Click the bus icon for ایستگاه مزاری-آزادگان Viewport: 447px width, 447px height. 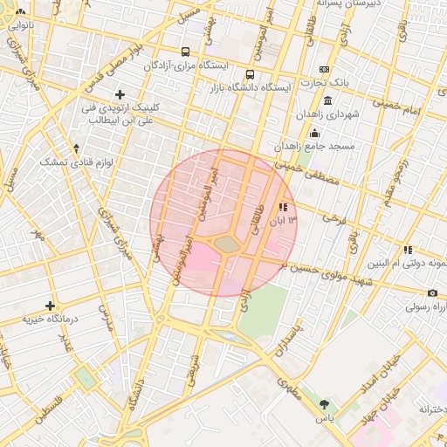(x=186, y=52)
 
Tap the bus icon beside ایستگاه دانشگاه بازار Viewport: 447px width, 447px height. (x=251, y=74)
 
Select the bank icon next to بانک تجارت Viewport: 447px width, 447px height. (x=325, y=69)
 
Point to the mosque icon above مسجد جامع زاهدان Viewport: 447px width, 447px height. (x=314, y=133)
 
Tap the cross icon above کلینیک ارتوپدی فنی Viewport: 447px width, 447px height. (x=120, y=94)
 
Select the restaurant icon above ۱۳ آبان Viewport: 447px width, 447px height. (x=282, y=208)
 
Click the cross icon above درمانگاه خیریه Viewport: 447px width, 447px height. (x=51, y=306)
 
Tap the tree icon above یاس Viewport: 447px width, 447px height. (x=325, y=404)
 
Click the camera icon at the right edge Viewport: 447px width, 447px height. (x=432, y=292)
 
